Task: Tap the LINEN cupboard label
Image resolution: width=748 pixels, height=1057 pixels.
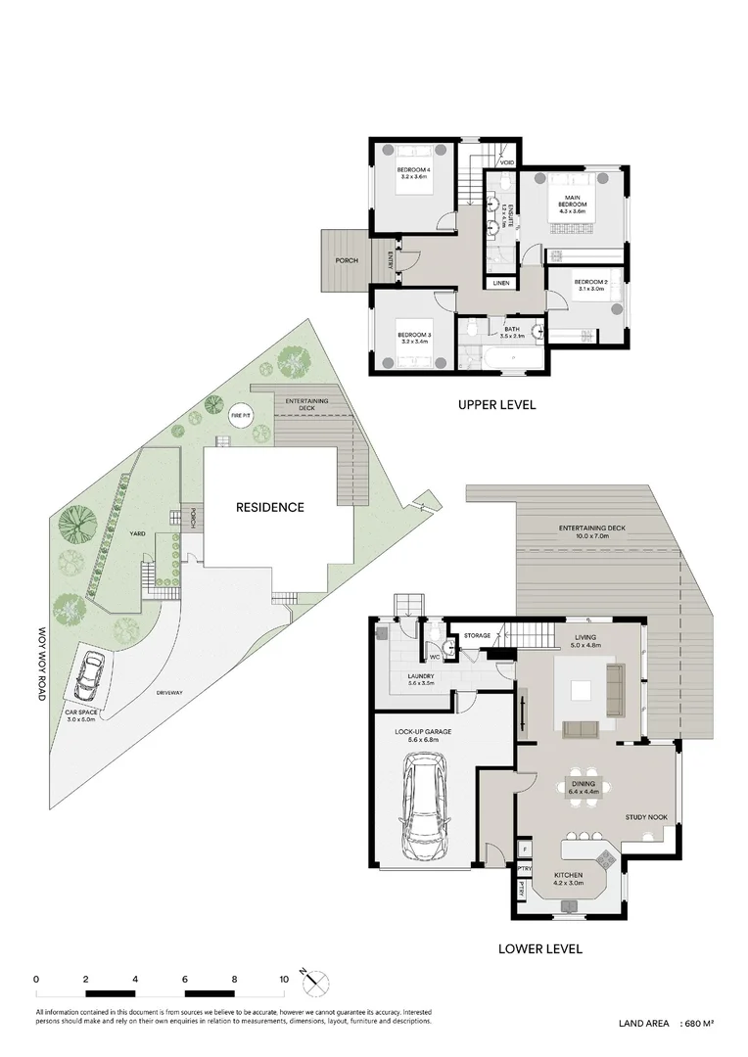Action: coord(501,283)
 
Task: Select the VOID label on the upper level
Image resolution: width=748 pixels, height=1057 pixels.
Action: coord(507,162)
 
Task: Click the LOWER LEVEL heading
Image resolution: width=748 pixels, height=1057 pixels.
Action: coord(539,948)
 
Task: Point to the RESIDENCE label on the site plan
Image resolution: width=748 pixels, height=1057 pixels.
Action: coord(269,507)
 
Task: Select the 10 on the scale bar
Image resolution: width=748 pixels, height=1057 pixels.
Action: coord(283,979)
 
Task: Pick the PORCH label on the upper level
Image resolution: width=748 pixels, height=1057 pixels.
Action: coord(346,260)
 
